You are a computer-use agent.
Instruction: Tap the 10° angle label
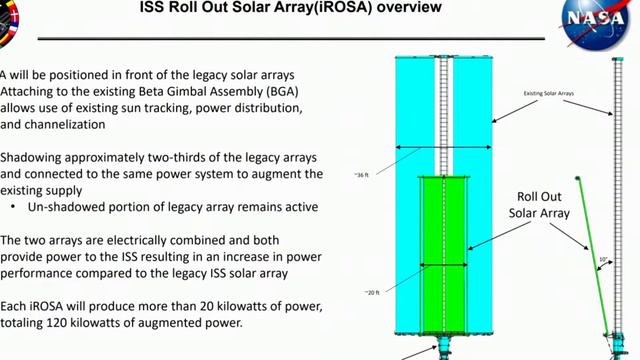[603, 259]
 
